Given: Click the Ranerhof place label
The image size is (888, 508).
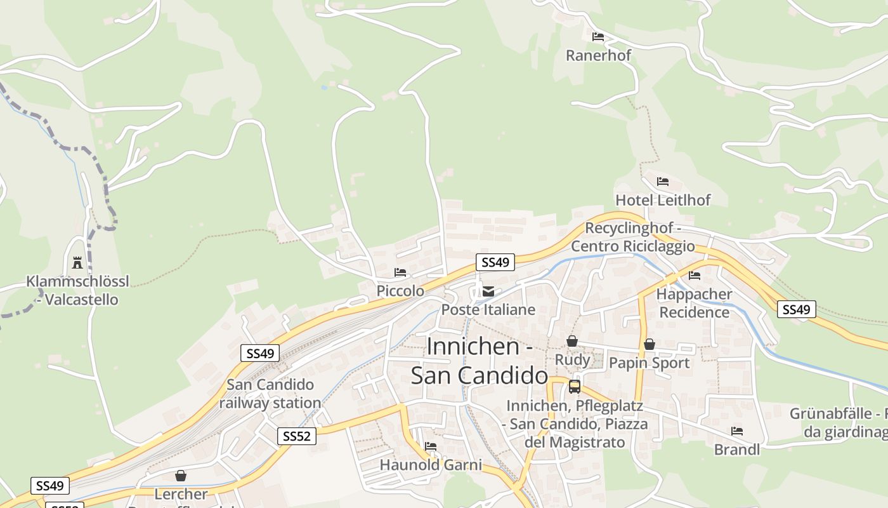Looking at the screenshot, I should [598, 55].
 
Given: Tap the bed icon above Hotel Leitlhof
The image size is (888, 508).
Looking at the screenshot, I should [663, 182].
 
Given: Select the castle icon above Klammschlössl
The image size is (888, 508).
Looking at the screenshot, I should [77, 262].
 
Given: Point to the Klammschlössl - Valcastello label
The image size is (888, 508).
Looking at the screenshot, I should [77, 290].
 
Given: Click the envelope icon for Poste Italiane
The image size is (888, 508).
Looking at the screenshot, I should [488, 291].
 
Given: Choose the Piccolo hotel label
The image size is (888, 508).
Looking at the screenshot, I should [400, 291].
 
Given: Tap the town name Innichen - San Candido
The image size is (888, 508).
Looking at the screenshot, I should [480, 361].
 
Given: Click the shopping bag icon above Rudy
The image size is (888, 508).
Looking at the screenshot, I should [572, 342].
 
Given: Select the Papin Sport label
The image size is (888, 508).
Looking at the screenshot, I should [649, 363].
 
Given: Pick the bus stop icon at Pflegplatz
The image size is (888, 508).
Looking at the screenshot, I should [574, 386].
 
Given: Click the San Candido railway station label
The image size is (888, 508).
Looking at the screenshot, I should [270, 394].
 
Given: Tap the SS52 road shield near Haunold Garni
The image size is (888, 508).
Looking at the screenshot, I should [297, 436].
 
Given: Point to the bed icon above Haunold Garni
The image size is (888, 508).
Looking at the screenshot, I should [431, 446].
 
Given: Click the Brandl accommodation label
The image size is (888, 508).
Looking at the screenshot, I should [736, 450].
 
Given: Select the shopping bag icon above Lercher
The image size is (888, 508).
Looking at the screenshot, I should [181, 476].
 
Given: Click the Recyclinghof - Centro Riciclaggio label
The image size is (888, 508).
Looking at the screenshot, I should [632, 237].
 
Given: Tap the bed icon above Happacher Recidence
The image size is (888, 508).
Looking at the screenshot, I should [695, 276].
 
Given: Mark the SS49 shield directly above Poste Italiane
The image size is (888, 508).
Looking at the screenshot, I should [495, 262].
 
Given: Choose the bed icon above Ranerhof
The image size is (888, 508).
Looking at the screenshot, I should [598, 37].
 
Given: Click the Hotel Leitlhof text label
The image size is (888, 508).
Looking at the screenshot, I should [663, 200].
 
